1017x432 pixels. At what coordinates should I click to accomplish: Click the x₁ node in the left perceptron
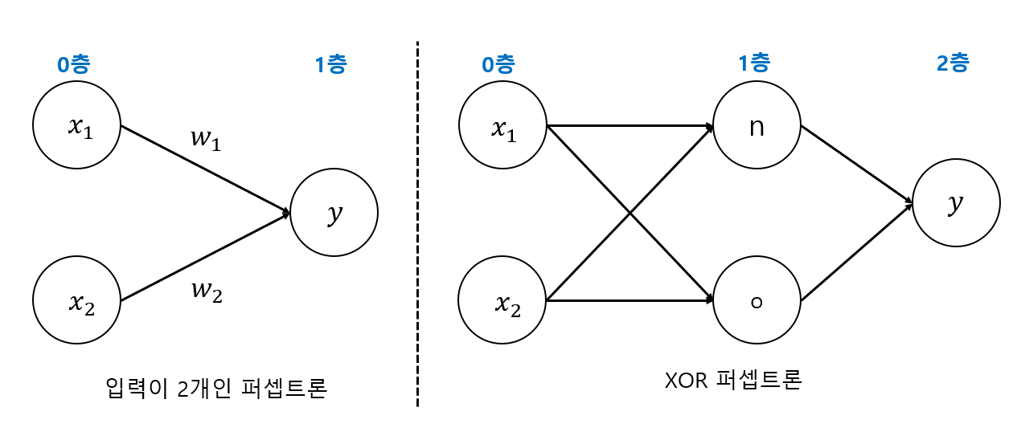(x=77, y=125)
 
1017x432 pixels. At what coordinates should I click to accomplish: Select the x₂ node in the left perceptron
(x=77, y=300)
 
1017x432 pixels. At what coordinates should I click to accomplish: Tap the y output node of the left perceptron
(x=334, y=213)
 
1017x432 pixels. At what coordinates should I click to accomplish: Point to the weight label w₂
(x=206, y=292)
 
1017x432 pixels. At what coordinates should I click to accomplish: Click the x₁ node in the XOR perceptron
(x=502, y=125)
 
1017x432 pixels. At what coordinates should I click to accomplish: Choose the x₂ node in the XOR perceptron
(x=502, y=300)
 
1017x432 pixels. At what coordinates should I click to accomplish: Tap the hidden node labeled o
(x=757, y=300)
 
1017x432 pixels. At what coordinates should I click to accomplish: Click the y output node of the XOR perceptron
(x=956, y=203)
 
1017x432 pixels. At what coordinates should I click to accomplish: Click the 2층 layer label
(x=953, y=64)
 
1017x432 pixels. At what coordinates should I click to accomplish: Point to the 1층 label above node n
(x=755, y=64)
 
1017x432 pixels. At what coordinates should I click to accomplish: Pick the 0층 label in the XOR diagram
(x=498, y=64)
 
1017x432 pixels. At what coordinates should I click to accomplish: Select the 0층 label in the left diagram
(x=73, y=64)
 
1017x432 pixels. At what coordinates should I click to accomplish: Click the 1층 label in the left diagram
(x=330, y=64)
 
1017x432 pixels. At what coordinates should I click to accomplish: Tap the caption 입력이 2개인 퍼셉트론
(x=215, y=388)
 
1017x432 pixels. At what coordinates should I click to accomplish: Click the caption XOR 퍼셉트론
(x=732, y=379)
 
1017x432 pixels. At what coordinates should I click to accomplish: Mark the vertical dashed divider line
(x=417, y=225)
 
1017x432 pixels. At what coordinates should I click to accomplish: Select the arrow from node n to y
(x=856, y=164)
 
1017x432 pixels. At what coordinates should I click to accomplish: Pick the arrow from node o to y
(x=856, y=252)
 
